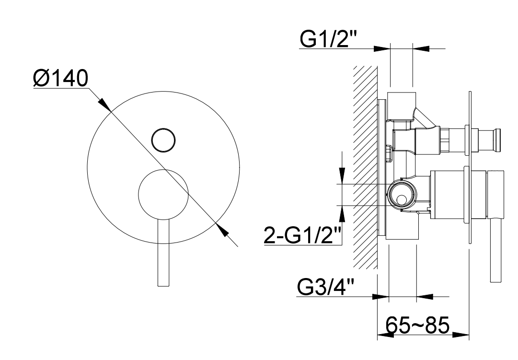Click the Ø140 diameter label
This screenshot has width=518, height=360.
[x=61, y=78]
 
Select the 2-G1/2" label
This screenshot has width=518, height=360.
[x=303, y=234]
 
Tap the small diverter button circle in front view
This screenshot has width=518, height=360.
[x=163, y=140]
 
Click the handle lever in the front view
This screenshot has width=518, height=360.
[x=164, y=252]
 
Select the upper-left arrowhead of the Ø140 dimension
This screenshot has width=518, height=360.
[x=105, y=104]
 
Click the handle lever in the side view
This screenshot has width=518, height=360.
[x=496, y=250]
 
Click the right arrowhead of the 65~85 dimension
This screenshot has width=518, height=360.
[x=461, y=335]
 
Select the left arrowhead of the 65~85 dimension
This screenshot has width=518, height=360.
[x=386, y=335]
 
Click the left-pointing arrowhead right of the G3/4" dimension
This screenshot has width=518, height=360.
[x=425, y=296]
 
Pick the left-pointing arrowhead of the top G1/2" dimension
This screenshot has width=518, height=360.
[x=421, y=48]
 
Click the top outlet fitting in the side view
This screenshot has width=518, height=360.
[x=402, y=106]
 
